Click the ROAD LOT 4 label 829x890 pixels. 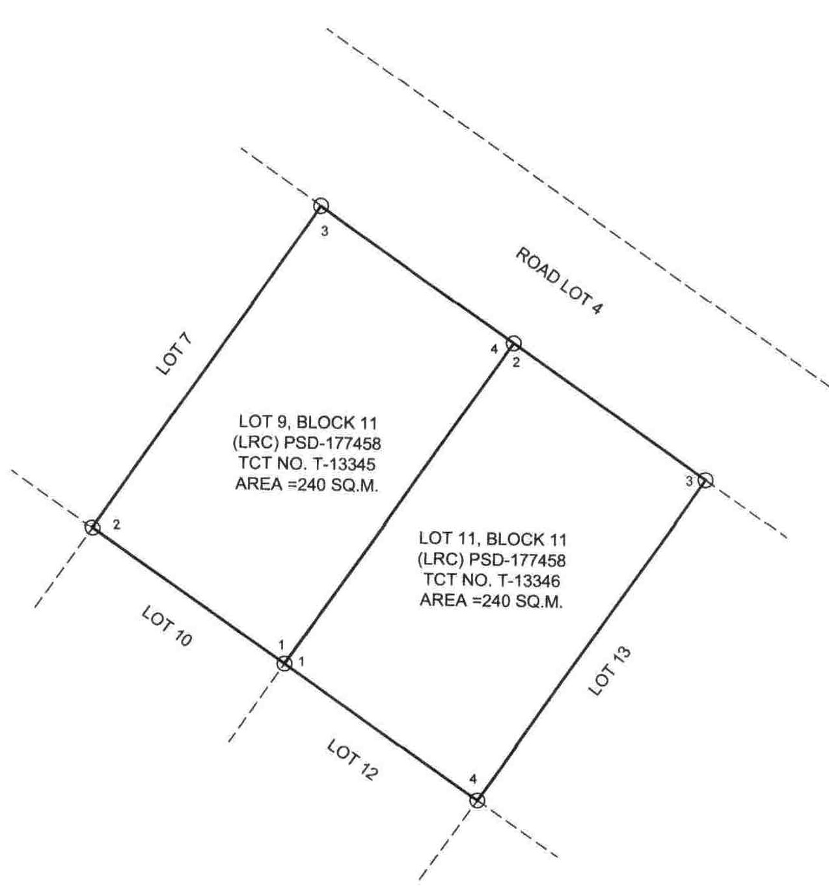click(560, 281)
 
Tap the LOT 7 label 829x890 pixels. click(175, 354)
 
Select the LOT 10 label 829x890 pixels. click(167, 626)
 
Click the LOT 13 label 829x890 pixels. click(610, 672)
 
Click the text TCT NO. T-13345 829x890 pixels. click(307, 464)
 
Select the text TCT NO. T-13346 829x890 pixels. click(492, 581)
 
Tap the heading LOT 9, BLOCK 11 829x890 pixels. click(308, 422)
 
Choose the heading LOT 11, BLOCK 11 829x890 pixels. click(493, 539)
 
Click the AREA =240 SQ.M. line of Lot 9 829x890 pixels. click(307, 484)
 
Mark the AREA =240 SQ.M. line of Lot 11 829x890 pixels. click(491, 601)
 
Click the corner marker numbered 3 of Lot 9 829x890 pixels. click(321, 205)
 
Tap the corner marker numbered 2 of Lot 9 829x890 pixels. click(93, 527)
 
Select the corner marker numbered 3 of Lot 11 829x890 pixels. click(705, 480)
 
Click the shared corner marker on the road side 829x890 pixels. click(513, 343)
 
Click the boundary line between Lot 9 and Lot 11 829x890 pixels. click(400, 503)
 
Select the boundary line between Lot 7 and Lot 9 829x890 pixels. click(207, 367)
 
